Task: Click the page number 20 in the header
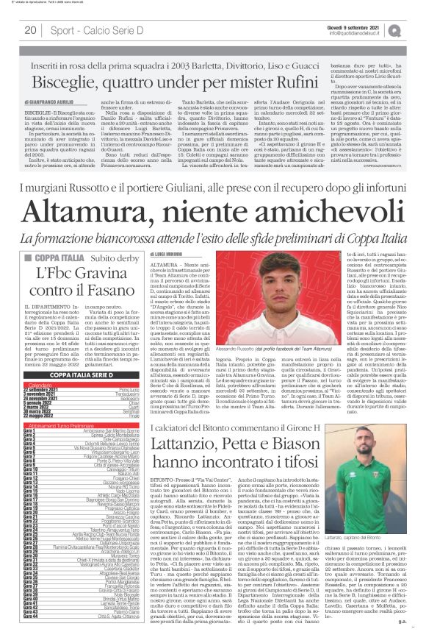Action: pos(31,30)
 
